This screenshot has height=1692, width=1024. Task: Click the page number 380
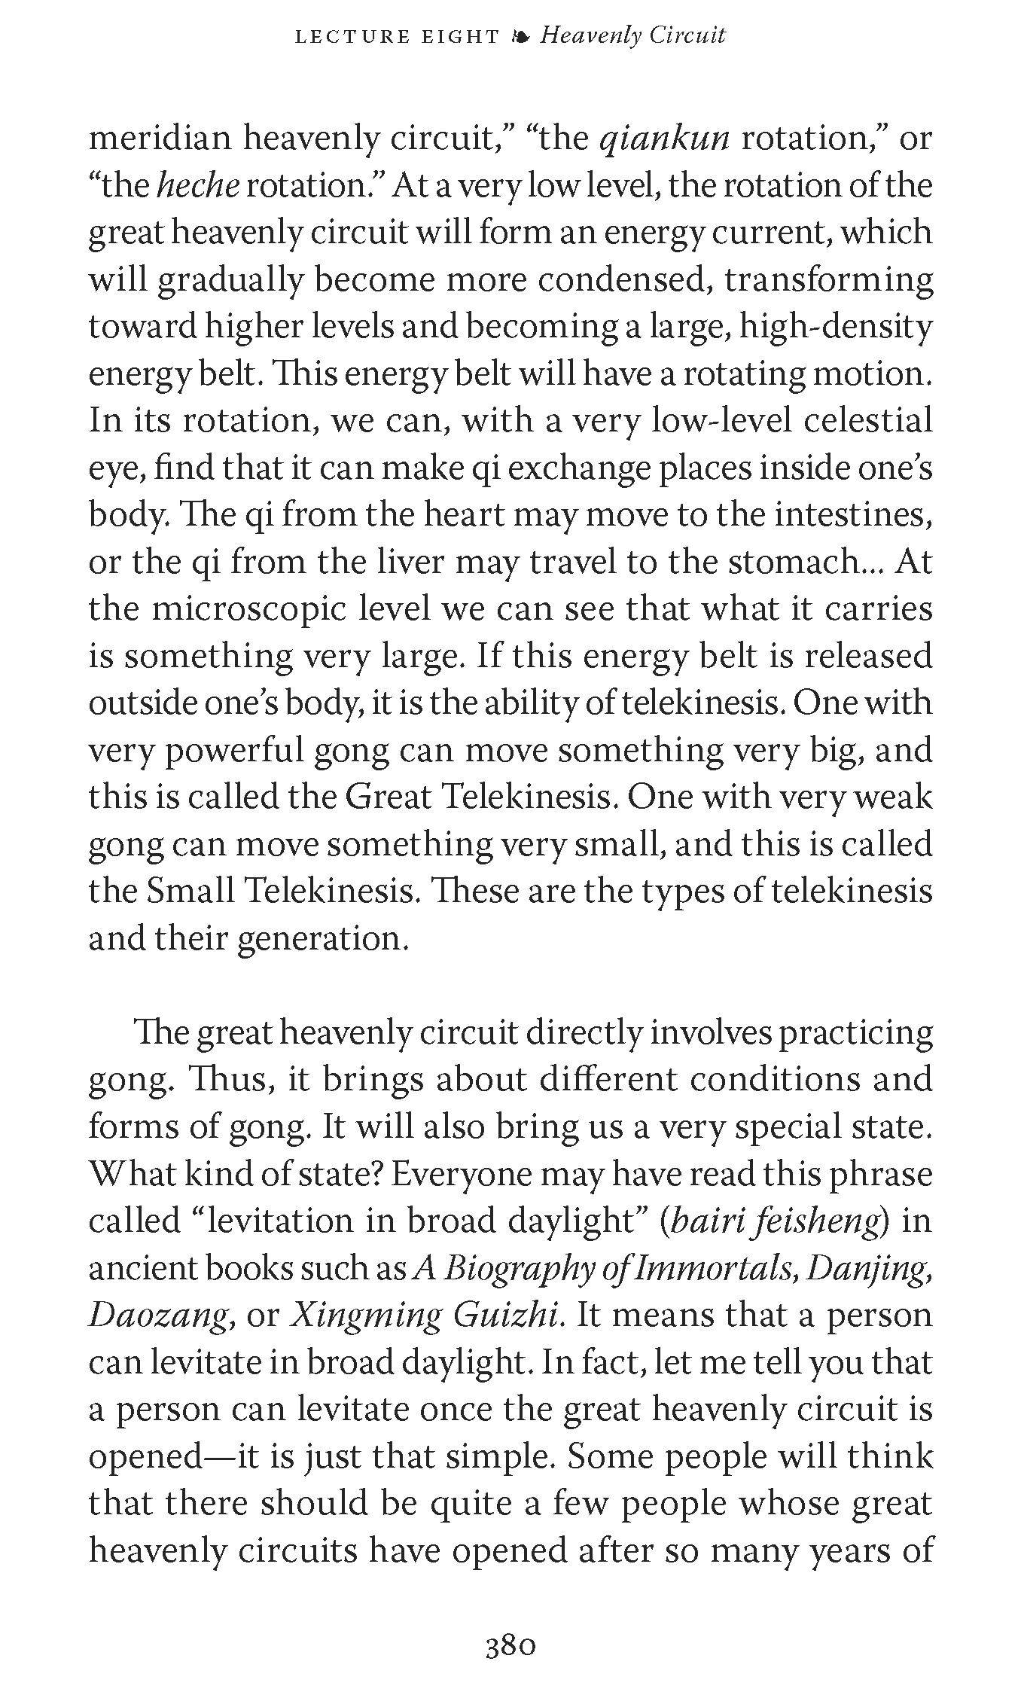510,1647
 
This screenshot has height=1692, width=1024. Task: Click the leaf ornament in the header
519,36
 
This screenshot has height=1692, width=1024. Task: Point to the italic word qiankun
664,139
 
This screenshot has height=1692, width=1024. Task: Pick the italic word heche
198,186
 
